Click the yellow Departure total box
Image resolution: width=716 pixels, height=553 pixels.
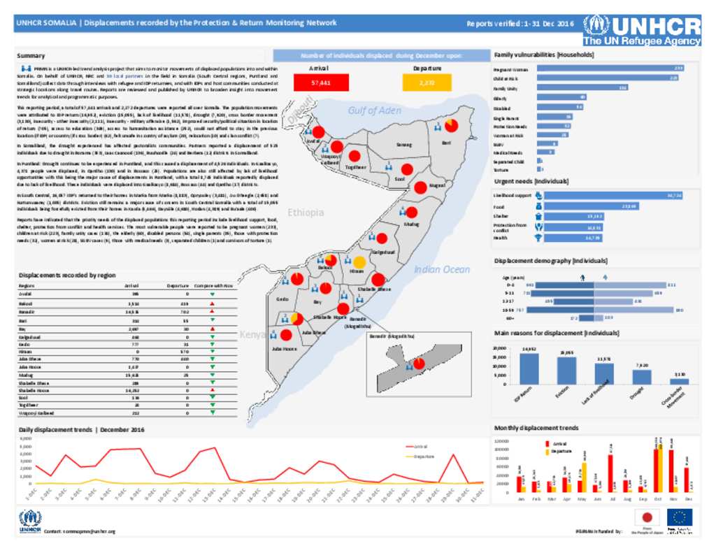(x=427, y=82)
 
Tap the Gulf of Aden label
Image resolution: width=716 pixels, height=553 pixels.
(x=374, y=110)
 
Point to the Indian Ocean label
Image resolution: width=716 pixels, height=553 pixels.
(x=442, y=270)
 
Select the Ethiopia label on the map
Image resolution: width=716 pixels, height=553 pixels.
(x=306, y=212)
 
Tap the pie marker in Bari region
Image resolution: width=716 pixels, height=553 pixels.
(x=451, y=125)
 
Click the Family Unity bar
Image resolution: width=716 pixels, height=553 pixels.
(x=582, y=87)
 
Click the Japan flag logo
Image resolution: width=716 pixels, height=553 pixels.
(x=646, y=517)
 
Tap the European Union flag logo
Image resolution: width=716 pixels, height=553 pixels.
(x=679, y=517)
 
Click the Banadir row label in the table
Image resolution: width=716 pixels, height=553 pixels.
(x=27, y=313)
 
